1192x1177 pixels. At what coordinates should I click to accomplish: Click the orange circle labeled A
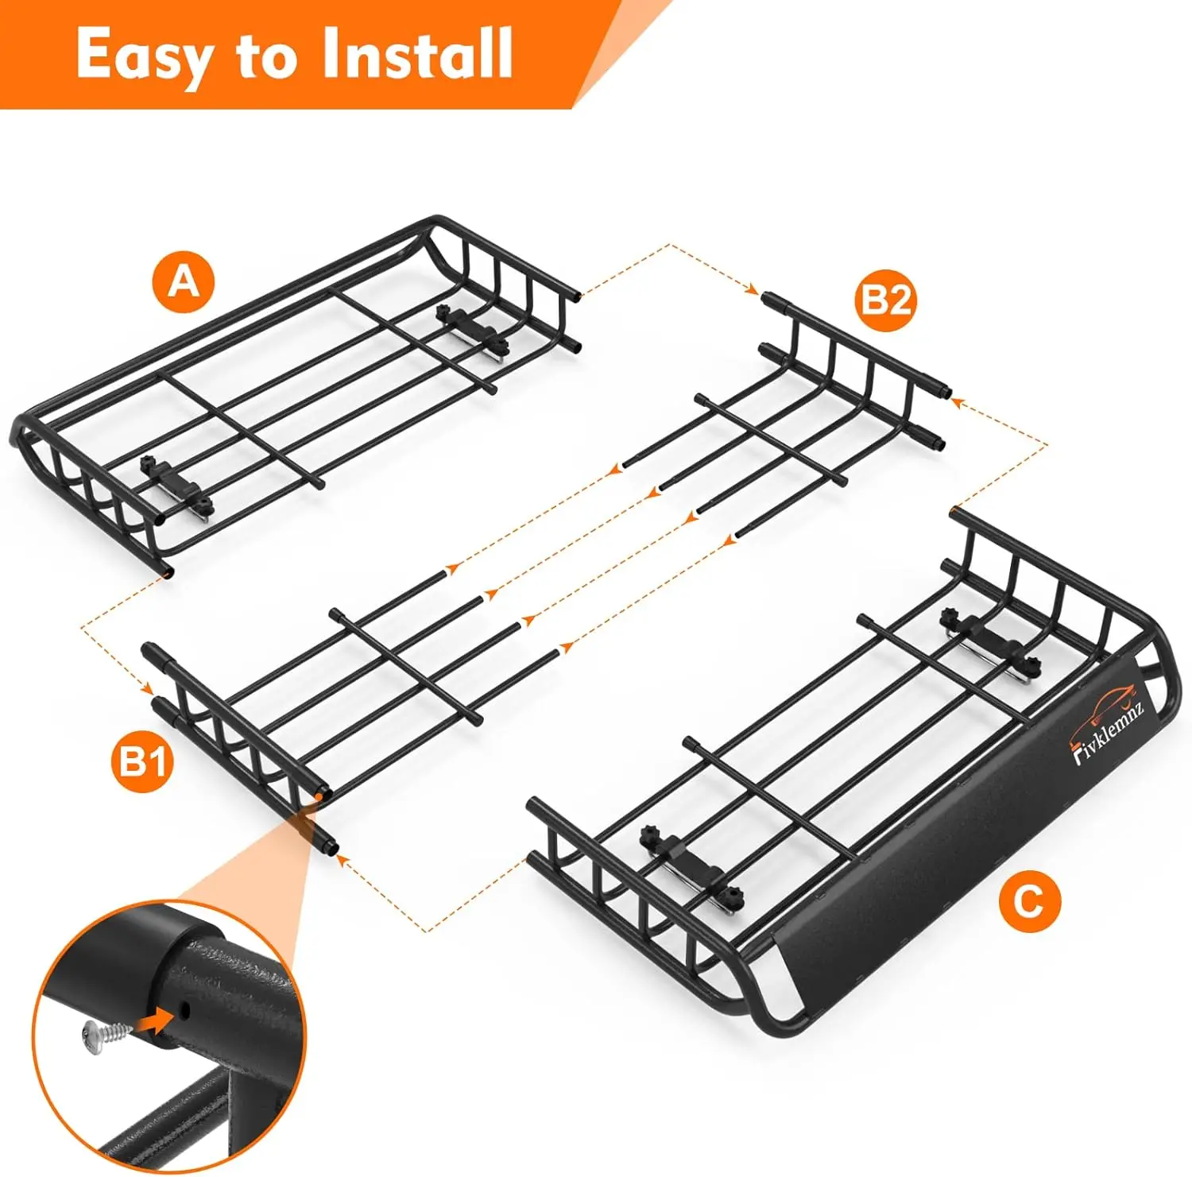point(184,281)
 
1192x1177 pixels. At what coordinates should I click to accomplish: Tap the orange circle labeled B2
point(885,301)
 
